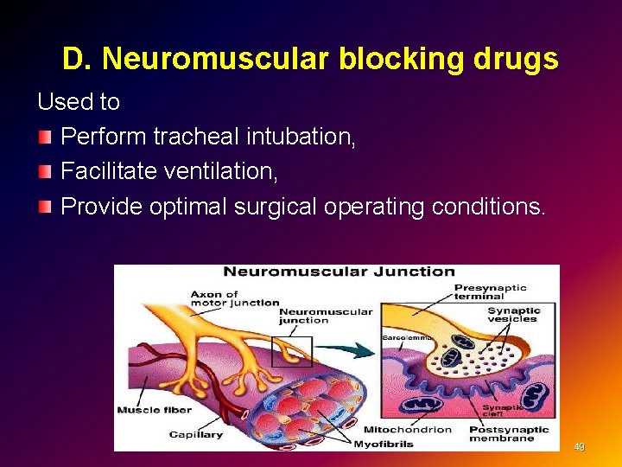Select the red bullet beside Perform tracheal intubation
45,138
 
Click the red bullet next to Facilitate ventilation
45,172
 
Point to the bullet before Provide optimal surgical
45,208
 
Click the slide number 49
580,447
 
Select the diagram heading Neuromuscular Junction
340,272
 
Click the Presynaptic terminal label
490,292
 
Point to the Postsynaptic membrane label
509,434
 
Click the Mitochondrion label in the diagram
408,430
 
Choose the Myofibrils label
384,444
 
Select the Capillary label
196,434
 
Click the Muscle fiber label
149,409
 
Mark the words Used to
79,102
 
